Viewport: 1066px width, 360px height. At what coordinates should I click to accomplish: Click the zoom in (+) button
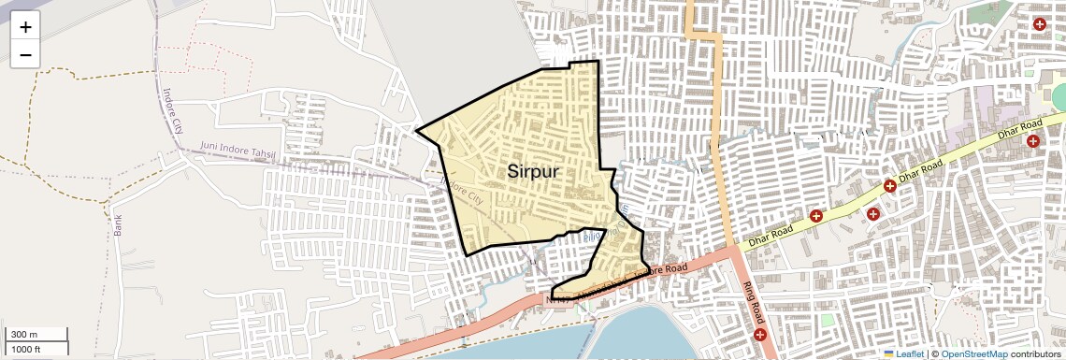coord(25,26)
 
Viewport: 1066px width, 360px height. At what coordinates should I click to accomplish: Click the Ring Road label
coord(754,300)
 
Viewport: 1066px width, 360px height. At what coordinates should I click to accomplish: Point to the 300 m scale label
coord(24,335)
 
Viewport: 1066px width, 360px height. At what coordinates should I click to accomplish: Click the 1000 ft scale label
coord(26,349)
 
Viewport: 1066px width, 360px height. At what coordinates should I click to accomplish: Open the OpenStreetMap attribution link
coord(973,354)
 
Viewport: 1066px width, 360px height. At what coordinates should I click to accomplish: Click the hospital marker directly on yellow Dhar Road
coord(889,186)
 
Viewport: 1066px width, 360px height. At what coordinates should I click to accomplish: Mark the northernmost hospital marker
coord(1039,23)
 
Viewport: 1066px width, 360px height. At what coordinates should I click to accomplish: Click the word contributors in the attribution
coord(1034,354)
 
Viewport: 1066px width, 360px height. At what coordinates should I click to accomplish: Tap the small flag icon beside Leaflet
coord(889,354)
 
